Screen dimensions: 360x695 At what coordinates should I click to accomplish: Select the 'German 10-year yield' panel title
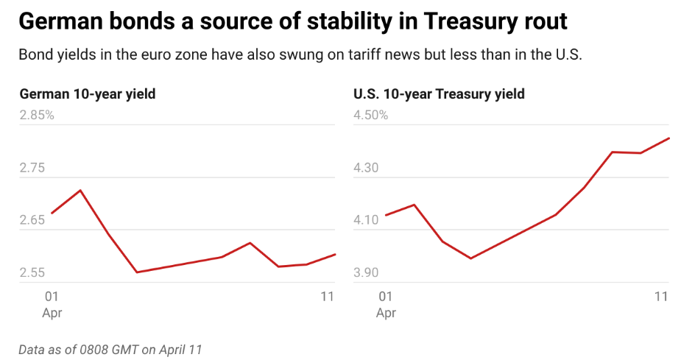click(x=87, y=93)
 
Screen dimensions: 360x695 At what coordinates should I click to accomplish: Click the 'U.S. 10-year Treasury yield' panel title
click(x=439, y=93)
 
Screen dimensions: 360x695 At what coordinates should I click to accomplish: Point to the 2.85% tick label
click(x=36, y=116)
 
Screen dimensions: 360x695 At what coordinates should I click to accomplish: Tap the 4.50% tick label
click(x=370, y=116)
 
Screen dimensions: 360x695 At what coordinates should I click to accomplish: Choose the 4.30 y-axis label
click(x=366, y=168)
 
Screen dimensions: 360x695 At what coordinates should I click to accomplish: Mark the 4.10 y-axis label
click(x=366, y=220)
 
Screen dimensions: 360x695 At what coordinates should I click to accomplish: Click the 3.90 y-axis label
click(x=366, y=272)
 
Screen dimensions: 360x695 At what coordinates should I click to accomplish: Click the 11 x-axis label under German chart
click(x=328, y=297)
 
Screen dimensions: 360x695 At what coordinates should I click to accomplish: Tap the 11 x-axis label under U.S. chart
click(x=661, y=297)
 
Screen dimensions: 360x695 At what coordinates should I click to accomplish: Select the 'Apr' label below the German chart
click(x=52, y=313)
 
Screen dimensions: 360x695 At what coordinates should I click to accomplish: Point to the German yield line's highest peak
click(x=80, y=190)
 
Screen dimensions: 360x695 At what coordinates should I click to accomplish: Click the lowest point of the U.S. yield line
click(x=470, y=258)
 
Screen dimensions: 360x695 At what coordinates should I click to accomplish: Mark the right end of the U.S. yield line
click(x=668, y=138)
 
